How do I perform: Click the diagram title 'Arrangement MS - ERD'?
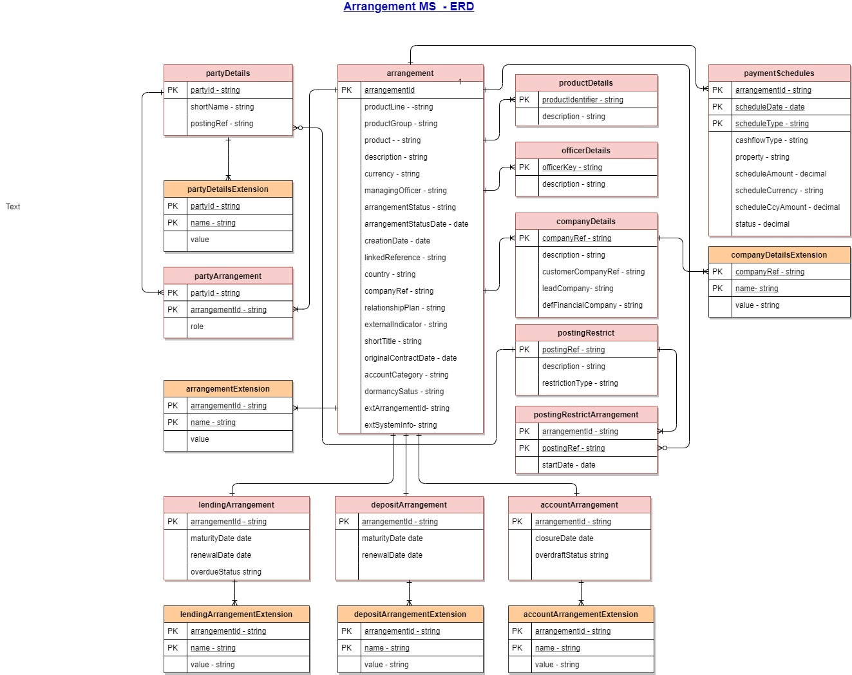point(408,7)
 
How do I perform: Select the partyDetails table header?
point(228,73)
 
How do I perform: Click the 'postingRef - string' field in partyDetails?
point(222,124)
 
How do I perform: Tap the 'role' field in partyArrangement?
point(197,327)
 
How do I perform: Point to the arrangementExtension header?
point(228,389)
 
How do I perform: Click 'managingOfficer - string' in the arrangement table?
point(405,191)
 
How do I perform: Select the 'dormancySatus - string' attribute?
point(404,392)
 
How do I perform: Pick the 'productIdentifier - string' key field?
point(582,100)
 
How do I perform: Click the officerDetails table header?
point(585,151)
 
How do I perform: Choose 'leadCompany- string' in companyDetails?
point(578,289)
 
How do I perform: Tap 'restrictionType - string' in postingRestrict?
point(580,383)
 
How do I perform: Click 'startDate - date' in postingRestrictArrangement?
point(569,465)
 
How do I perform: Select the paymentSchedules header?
point(779,73)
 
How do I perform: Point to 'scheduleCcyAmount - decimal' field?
point(787,207)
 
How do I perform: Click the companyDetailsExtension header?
point(779,255)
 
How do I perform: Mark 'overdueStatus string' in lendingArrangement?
point(225,572)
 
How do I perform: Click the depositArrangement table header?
point(409,505)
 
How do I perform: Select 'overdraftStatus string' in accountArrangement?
point(571,555)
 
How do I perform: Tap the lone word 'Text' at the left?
point(13,207)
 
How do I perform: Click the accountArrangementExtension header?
point(580,614)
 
